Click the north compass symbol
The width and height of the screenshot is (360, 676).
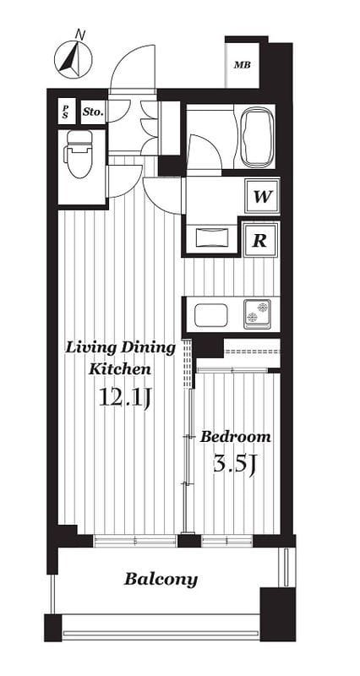[x=74, y=59]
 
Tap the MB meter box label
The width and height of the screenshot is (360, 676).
[x=242, y=66]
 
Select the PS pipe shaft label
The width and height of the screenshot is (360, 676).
[x=66, y=112]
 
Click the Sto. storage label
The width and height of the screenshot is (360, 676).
[x=93, y=112]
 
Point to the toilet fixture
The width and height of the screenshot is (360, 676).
[x=79, y=154]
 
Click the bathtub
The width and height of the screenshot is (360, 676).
[x=258, y=136]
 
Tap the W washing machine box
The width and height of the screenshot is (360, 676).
[x=262, y=197]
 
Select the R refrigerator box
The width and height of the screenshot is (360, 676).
[x=260, y=240]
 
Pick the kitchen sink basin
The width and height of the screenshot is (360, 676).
[x=210, y=315]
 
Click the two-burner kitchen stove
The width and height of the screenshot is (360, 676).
[x=258, y=313]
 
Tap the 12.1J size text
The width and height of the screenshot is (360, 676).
[x=123, y=397]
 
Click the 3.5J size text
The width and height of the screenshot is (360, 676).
[x=235, y=463]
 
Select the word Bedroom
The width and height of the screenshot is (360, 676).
[x=236, y=437]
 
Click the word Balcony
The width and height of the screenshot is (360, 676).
[x=161, y=580]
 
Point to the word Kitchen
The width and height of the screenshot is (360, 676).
[x=120, y=369]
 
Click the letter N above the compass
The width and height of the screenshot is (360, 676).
[x=79, y=34]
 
